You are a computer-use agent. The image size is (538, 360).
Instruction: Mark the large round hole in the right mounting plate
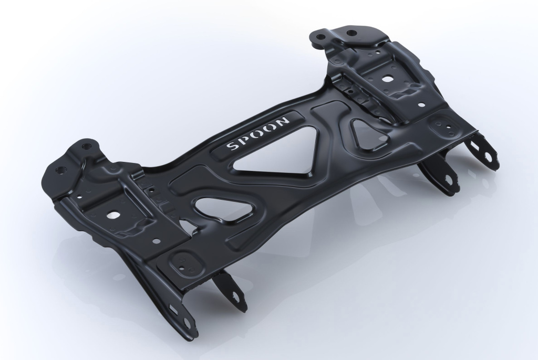click(387, 79)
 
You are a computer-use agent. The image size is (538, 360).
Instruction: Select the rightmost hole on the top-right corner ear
click(351, 33)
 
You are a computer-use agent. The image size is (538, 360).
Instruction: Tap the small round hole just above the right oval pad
click(421, 105)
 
